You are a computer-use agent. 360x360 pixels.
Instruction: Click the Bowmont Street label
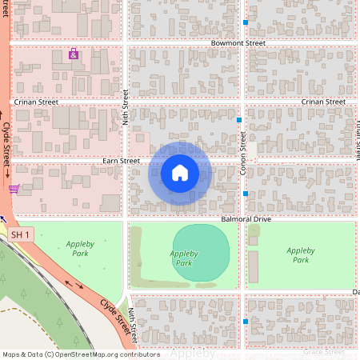[x=238, y=42]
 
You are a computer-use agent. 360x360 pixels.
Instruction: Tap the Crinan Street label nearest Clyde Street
[x=37, y=102]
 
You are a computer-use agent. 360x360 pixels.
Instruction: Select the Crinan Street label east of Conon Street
[x=323, y=102]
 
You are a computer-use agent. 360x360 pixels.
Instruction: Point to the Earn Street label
[x=122, y=161]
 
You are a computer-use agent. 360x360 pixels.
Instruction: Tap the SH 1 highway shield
[x=22, y=234]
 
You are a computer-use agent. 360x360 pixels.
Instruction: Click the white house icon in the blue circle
[x=179, y=173]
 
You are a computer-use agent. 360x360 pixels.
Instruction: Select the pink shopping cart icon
[x=14, y=190]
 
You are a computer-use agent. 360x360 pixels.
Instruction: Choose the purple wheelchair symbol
[x=74, y=54]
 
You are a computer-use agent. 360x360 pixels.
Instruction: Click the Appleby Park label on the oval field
[x=183, y=258]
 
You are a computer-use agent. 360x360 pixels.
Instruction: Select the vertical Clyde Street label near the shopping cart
[x=6, y=143]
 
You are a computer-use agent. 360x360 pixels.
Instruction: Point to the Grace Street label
[x=323, y=351]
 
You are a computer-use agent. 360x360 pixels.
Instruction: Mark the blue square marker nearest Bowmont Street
[x=246, y=22]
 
